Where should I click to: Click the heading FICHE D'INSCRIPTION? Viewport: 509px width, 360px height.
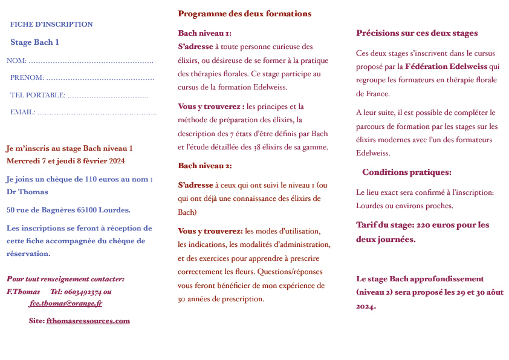(x=51, y=24)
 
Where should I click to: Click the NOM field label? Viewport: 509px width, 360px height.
(x=16, y=61)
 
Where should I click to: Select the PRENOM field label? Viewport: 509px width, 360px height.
(x=27, y=77)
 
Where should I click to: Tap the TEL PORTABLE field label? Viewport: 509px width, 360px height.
(x=37, y=95)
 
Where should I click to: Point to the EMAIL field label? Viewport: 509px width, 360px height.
(x=22, y=112)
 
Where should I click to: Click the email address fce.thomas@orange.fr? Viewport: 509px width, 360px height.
(x=65, y=304)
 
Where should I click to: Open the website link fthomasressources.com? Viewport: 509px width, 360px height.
(x=88, y=321)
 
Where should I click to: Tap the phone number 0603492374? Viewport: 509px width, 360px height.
(x=80, y=292)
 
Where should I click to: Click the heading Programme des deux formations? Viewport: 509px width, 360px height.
(x=244, y=13)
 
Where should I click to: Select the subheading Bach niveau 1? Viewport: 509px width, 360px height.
(x=204, y=33)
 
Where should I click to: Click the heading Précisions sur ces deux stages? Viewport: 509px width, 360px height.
(x=417, y=33)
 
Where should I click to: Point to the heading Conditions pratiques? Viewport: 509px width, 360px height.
(x=406, y=172)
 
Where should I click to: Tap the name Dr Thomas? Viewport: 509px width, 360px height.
(x=27, y=192)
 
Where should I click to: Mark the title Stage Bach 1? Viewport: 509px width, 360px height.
(x=34, y=42)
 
